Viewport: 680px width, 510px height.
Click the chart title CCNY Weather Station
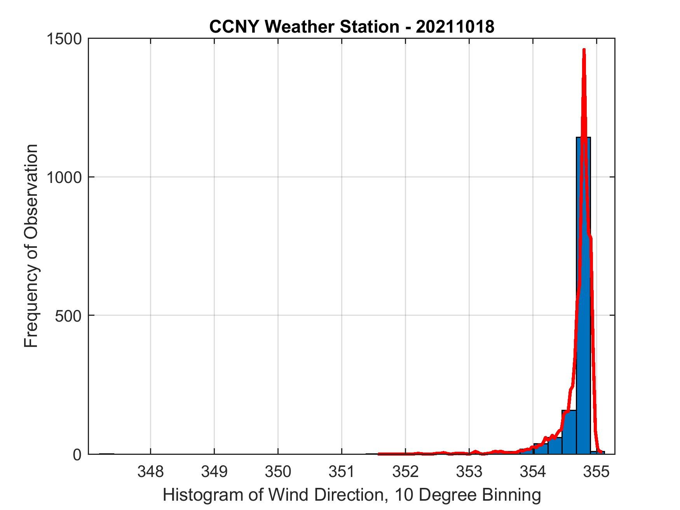[304, 27]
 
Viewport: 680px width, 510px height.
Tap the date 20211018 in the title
[455, 27]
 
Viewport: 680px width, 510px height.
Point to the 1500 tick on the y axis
[64, 39]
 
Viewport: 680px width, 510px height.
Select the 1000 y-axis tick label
[64, 177]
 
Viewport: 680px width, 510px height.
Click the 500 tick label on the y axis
[68, 315]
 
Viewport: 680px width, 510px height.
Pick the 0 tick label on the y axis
[77, 454]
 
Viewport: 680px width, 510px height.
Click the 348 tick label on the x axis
[150, 472]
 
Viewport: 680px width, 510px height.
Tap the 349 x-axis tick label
[214, 472]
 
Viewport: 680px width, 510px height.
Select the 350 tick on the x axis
[278, 472]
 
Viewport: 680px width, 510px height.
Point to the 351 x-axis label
[342, 472]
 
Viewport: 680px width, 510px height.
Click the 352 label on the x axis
[405, 472]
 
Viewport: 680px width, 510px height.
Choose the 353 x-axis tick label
[469, 472]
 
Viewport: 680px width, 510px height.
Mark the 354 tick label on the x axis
[533, 472]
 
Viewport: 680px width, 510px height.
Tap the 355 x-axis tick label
[596, 472]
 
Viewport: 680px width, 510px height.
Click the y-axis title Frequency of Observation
[31, 246]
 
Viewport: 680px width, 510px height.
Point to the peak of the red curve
[584, 50]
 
